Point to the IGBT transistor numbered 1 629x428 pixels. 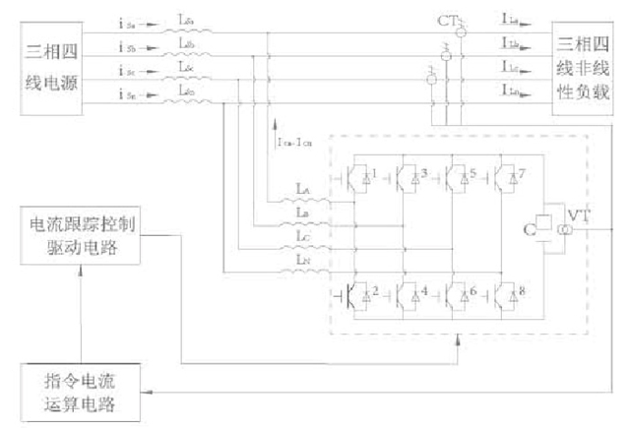[x=358, y=177]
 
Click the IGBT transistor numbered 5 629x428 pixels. [x=456, y=177]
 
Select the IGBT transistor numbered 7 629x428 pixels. [x=505, y=177]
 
